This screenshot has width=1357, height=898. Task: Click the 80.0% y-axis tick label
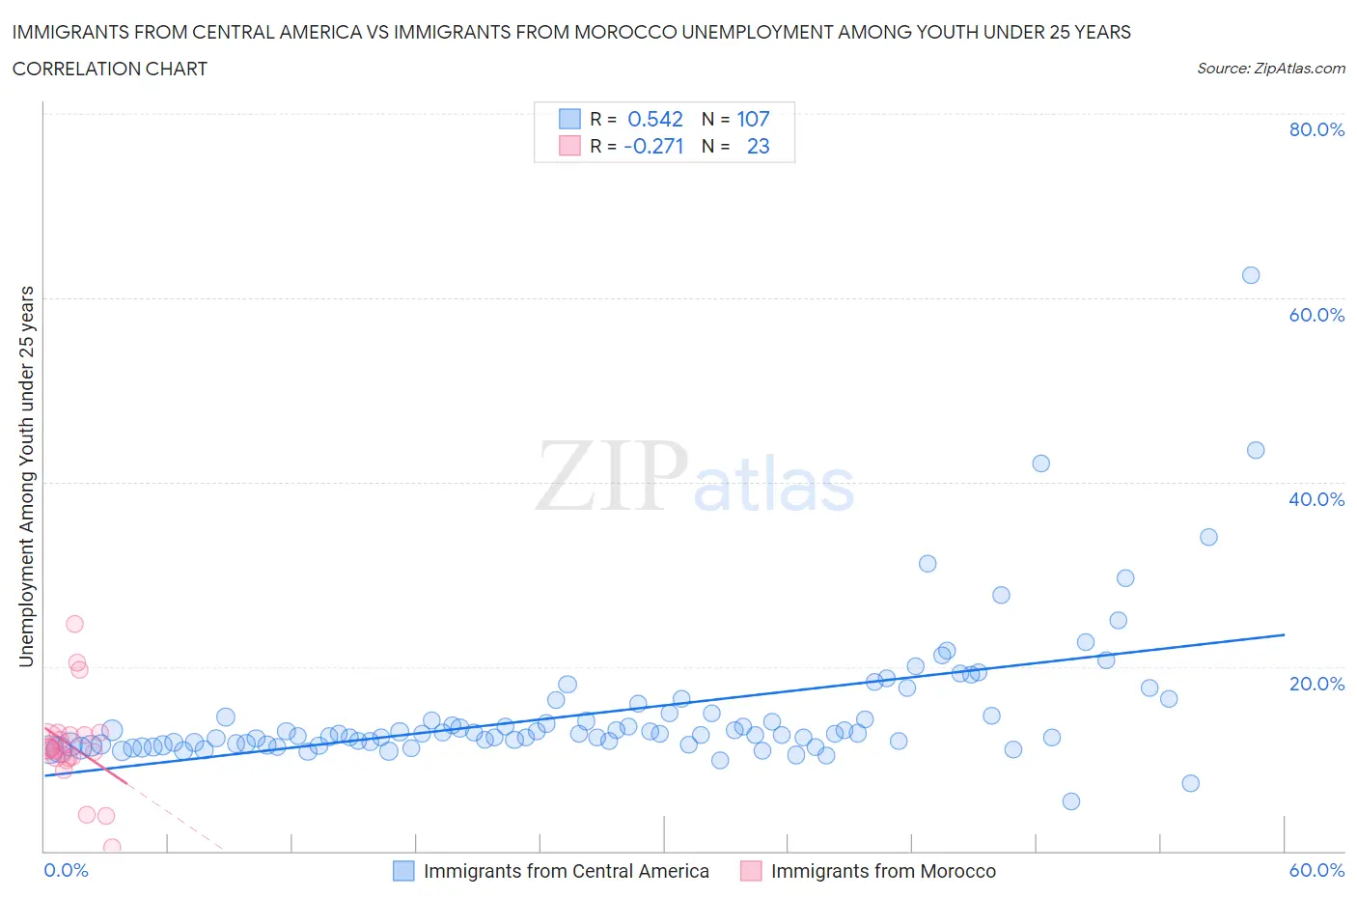pos(1316,129)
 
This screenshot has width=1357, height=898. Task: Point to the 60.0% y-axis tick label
pos(1316,315)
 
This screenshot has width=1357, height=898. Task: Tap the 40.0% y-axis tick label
pos(1316,499)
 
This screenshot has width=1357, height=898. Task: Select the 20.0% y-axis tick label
pos(1316,684)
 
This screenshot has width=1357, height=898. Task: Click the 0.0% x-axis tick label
pos(67,870)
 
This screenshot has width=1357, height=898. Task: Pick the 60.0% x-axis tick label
pos(1316,870)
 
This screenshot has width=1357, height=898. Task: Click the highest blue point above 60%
pos(1251,275)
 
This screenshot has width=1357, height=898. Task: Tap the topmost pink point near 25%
pos(74,624)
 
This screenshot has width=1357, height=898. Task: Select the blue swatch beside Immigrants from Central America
pos(403,871)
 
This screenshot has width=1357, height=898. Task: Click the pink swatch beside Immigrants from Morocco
pos(751,871)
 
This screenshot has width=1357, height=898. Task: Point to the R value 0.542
pos(654,119)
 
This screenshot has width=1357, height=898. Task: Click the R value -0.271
pos(653,146)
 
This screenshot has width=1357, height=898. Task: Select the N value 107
pos(753,119)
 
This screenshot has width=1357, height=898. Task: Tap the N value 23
pos(758,146)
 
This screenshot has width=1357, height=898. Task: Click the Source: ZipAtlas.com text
pos(1270,68)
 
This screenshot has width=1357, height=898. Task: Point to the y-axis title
pos(26,477)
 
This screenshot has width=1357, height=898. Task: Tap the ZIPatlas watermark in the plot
pos(695,476)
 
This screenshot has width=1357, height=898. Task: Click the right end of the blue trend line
pos(1285,634)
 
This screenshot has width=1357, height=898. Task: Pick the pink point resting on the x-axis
pos(112,848)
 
